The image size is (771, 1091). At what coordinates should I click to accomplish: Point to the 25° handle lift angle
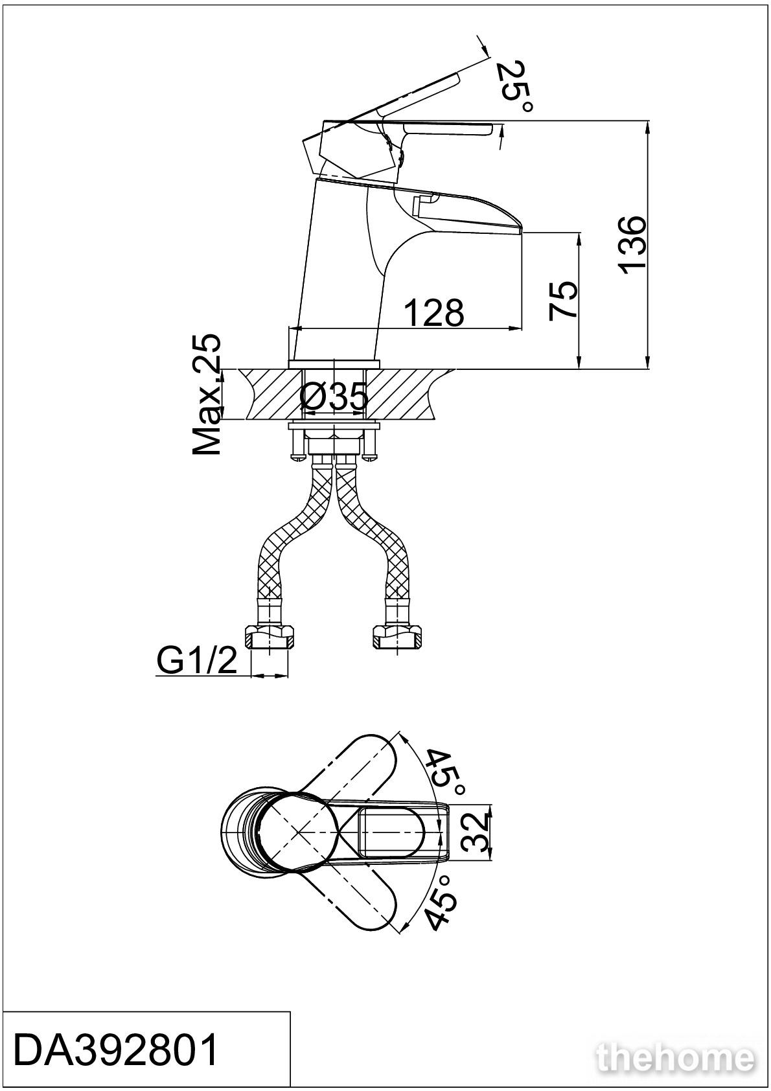pyautogui.click(x=514, y=86)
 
